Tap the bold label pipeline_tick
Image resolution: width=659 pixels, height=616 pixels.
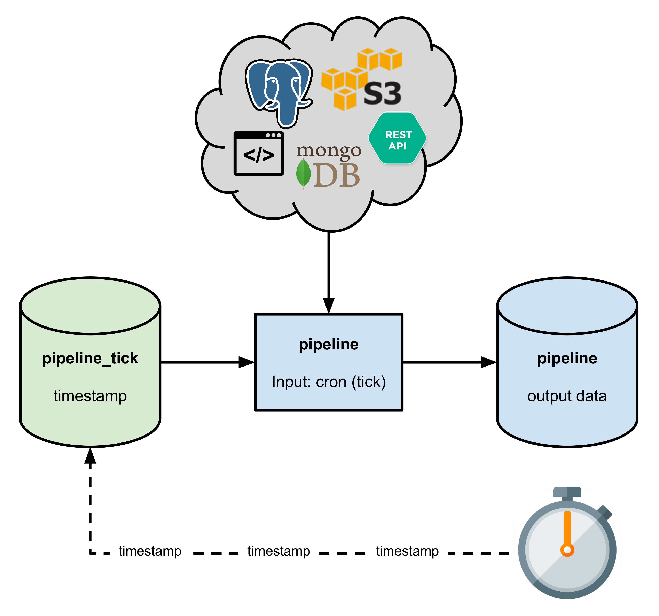point(90,358)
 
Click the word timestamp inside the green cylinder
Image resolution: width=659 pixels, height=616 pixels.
point(90,396)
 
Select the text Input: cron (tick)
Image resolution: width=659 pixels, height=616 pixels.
point(329,382)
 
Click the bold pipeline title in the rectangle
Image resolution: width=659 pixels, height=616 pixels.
point(329,344)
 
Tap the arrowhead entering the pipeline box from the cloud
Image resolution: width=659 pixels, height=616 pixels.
point(329,305)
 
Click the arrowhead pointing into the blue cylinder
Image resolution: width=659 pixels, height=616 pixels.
point(488,362)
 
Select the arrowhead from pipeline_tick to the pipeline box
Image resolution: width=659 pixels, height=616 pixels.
point(246,362)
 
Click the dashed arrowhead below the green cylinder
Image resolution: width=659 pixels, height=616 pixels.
point(90,456)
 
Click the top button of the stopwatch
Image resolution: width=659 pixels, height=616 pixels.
point(567,492)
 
